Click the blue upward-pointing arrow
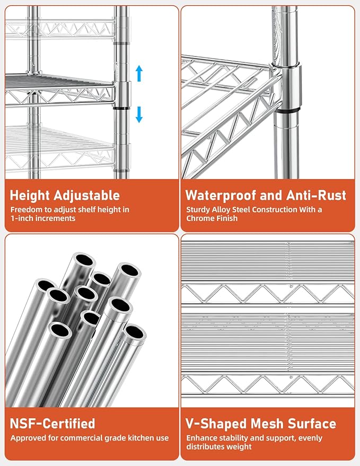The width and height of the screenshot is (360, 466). pos(139,73)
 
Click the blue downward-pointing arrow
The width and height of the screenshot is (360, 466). pos(139,115)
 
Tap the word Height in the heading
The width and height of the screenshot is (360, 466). pos(30,196)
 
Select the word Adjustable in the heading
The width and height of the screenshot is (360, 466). pos(87,196)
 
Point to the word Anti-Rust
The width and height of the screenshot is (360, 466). pos(316,195)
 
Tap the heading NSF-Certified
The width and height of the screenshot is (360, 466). pos(52,424)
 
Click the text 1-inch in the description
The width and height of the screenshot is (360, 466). pos(21,218)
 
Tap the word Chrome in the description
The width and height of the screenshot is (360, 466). pos(199,218)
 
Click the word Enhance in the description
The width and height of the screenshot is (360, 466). pos(200,438)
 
